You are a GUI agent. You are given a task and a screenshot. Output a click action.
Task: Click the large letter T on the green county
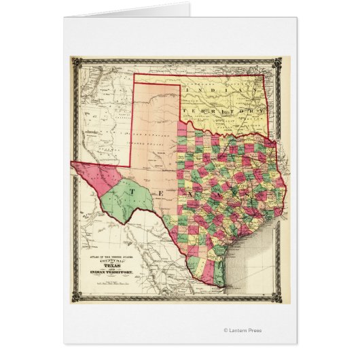[x=132, y=192]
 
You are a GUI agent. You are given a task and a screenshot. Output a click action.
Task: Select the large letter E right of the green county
[x=161, y=195]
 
